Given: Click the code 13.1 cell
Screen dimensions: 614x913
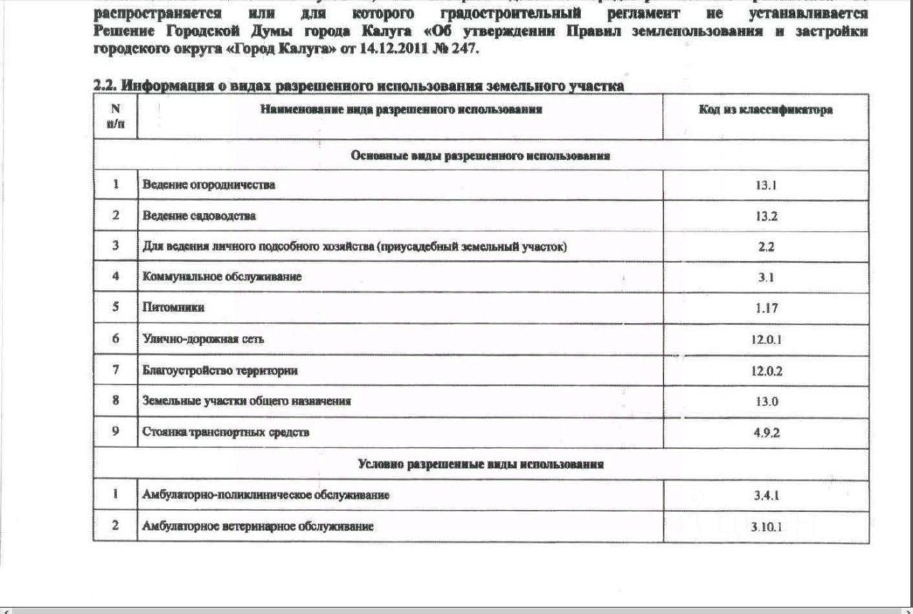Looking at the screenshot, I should (x=766, y=185).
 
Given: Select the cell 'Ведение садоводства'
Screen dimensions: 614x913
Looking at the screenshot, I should (x=199, y=215).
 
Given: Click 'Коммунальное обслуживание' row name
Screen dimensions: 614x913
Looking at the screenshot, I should (x=222, y=277).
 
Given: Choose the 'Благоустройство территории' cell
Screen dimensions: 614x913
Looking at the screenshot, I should (x=220, y=371).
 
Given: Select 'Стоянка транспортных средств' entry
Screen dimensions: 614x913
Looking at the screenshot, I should (x=226, y=432).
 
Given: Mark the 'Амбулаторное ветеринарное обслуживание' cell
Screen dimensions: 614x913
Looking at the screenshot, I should (x=258, y=526).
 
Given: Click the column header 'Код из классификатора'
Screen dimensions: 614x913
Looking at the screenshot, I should (x=766, y=111).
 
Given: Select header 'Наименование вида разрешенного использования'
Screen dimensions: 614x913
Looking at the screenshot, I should (x=402, y=110).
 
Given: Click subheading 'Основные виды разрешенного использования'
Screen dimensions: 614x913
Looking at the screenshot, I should (x=481, y=156).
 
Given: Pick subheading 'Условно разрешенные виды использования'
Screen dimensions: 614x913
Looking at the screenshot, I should (x=481, y=464).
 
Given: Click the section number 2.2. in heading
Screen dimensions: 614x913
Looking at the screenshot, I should (x=105, y=86).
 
